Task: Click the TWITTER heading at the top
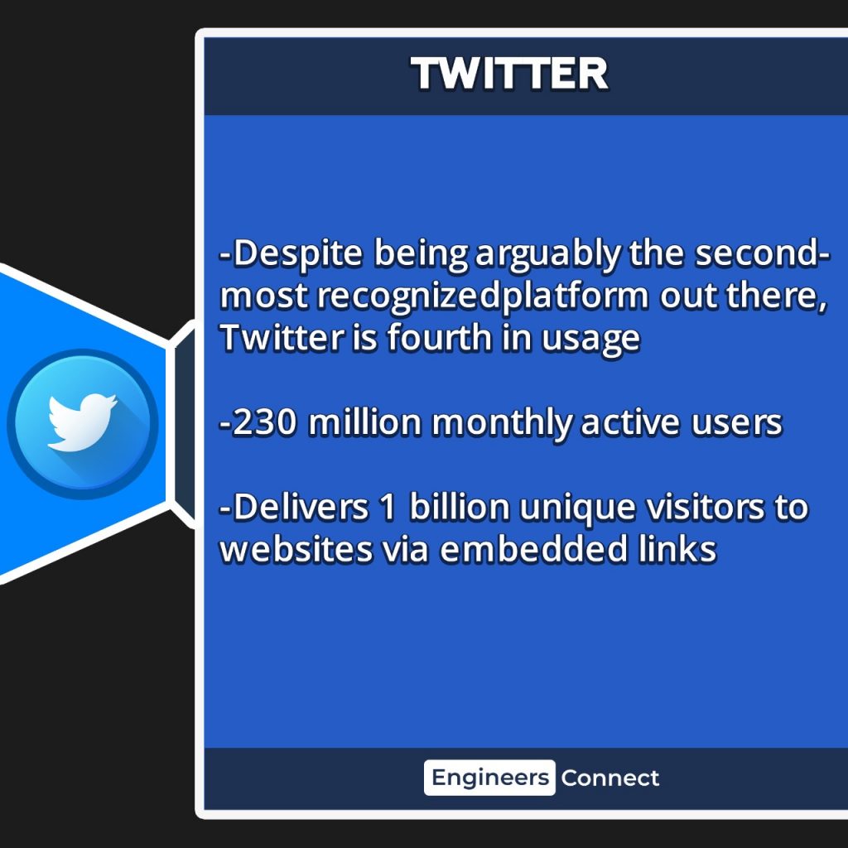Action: pos(509,74)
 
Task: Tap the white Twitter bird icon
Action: pos(82,422)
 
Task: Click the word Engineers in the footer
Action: pos(490,778)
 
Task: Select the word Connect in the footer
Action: pos(610,778)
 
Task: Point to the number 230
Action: pos(265,422)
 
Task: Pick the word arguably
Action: pos(548,253)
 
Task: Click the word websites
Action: pos(296,549)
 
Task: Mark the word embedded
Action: pos(534,549)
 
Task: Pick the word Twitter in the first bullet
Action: pos(282,338)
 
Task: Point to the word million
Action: pos(364,422)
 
